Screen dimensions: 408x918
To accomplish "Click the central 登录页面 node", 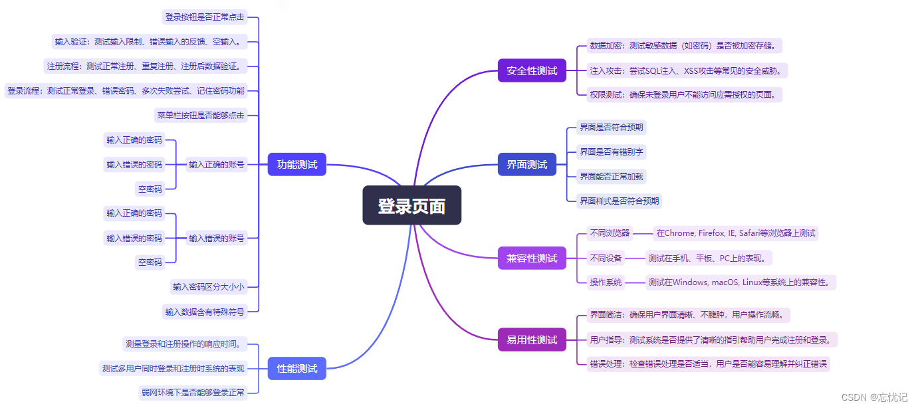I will (411, 205).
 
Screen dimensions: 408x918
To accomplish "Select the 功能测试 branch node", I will (296, 164).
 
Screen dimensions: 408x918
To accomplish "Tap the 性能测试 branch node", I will (296, 368).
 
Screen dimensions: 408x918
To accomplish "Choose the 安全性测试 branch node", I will (532, 70).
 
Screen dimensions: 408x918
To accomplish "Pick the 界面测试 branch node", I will (526, 164).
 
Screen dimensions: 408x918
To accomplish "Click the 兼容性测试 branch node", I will (532, 258).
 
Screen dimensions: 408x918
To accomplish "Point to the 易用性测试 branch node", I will (532, 340).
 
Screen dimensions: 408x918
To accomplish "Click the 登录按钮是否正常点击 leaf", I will (205, 17).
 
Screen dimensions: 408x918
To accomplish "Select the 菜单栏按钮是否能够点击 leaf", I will (201, 115).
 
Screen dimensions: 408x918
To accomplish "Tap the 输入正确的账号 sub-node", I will (216, 164).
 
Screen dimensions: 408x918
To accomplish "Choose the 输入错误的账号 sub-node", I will (216, 238).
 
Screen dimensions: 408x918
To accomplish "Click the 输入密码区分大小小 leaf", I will (209, 287).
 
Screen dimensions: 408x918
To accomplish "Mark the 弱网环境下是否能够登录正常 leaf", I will (193, 392).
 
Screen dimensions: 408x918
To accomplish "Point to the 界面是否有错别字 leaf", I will (611, 152).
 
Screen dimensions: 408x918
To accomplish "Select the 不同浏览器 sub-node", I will (610, 233).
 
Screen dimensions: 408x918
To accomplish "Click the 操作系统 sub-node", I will (606, 282).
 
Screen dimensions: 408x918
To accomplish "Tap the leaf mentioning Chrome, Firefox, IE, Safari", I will (735, 233).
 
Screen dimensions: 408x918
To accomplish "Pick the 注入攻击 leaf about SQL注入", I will (688, 70).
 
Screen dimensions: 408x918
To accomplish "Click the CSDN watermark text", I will (874, 397).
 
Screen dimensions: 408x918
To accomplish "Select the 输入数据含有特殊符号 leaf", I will (205, 311).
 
